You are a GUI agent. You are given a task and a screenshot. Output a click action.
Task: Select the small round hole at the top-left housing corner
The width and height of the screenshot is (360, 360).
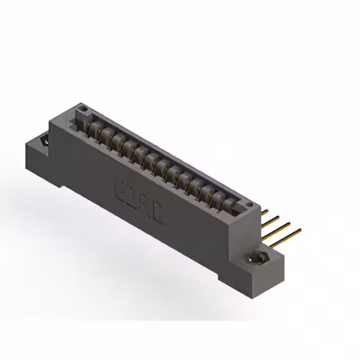click(83, 107)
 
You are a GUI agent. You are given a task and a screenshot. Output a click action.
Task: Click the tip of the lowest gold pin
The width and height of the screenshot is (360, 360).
click(299, 229)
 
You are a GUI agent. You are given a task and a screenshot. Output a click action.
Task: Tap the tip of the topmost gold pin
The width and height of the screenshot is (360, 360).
click(267, 212)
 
